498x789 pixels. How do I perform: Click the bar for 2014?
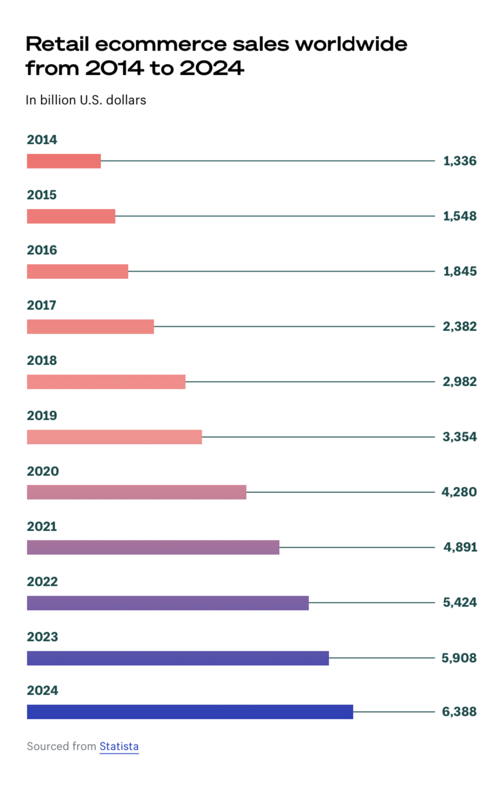click(63, 161)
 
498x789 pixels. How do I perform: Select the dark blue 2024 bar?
click(190, 712)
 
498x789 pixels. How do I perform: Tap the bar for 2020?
click(136, 492)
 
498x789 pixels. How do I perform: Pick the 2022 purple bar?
click(168, 603)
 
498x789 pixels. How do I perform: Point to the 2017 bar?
click(90, 326)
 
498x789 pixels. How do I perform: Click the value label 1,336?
click(459, 161)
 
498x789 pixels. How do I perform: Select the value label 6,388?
click(459, 712)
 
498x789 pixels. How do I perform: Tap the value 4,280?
click(459, 492)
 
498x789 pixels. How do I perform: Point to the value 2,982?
click(459, 382)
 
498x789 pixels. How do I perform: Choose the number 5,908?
click(459, 658)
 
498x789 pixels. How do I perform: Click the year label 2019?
click(42, 416)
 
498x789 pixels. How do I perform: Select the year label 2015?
click(42, 195)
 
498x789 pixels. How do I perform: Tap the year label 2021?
click(42, 527)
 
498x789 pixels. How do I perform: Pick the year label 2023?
click(42, 637)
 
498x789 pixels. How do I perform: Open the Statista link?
click(119, 746)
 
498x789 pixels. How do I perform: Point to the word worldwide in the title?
click(351, 44)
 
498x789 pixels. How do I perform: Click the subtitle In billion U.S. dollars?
click(86, 100)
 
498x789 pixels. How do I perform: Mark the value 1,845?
click(459, 271)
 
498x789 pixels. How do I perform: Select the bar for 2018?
click(106, 382)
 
